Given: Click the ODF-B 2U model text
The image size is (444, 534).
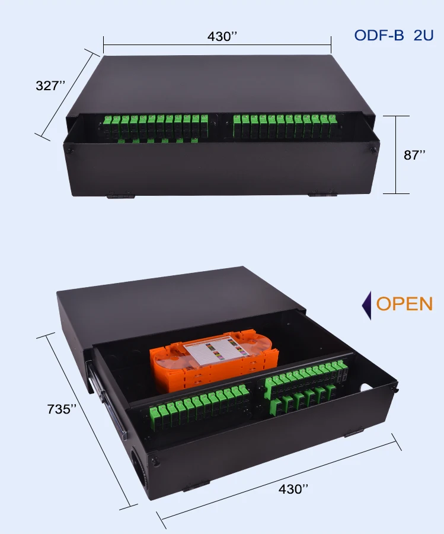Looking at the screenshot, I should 394,35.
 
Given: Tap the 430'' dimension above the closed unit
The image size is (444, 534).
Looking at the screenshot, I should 222,36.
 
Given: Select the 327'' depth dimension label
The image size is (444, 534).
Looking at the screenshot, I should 50,85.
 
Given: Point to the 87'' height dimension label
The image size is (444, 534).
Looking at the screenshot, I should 415,155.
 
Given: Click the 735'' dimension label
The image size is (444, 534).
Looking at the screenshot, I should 62,409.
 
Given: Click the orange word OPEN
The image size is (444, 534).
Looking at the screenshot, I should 405,304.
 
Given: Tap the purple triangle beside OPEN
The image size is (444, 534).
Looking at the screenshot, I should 366,305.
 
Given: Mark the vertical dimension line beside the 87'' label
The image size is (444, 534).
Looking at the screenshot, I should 396,155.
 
